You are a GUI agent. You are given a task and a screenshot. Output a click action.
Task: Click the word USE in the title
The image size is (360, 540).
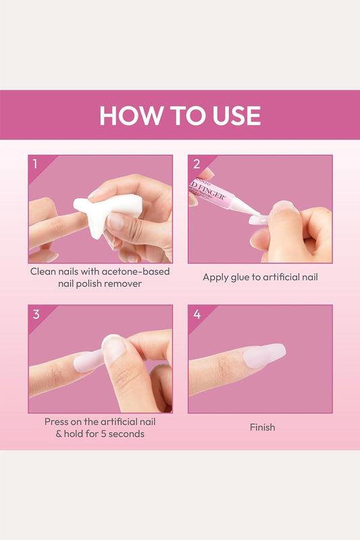click(233, 115)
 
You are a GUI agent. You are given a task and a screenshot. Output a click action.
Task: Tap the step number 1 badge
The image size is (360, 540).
click(34, 164)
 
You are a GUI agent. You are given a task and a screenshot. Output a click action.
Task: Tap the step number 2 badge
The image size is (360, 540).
click(196, 164)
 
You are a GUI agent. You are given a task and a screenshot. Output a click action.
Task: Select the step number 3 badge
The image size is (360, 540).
click(34, 314)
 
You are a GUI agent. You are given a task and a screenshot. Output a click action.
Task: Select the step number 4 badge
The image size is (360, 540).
click(196, 314)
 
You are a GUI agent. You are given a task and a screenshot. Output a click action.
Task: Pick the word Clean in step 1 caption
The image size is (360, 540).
click(45, 271)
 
